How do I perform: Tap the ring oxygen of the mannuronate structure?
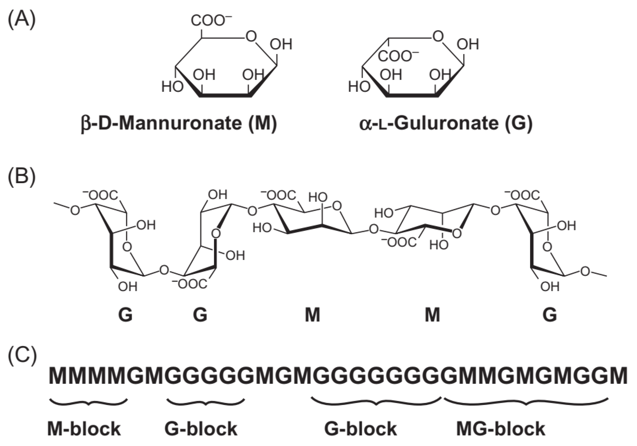click(x=251, y=36)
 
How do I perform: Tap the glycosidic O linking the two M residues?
click(x=374, y=229)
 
